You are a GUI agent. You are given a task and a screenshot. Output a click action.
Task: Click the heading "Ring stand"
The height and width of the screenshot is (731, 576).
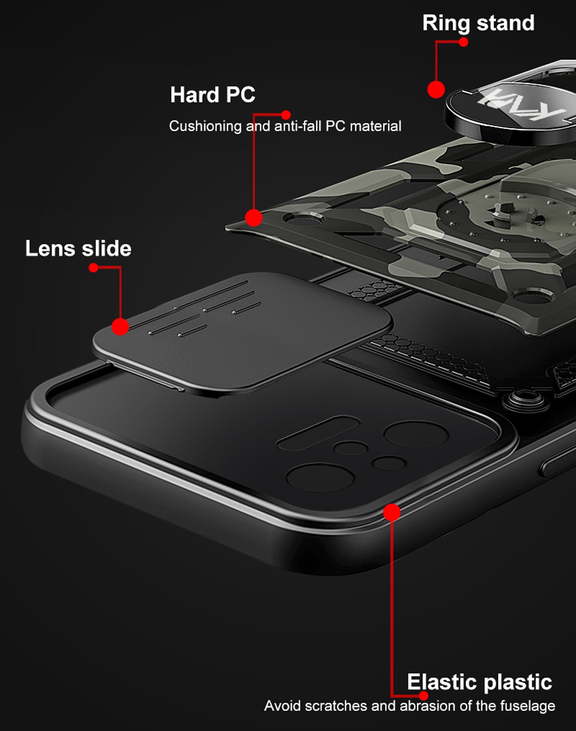(478, 23)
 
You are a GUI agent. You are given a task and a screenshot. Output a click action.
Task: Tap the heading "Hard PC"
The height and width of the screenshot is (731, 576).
(213, 94)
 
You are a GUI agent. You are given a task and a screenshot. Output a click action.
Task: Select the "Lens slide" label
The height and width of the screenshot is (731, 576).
(78, 248)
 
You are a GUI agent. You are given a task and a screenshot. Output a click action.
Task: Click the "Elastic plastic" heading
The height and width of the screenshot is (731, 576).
(480, 682)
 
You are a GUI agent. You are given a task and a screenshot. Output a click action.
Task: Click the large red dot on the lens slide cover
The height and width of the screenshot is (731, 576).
(120, 327)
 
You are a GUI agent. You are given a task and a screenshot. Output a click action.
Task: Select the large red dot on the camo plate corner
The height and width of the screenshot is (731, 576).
(253, 217)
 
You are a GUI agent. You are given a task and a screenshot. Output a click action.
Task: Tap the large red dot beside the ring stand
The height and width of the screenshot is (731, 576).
(436, 90)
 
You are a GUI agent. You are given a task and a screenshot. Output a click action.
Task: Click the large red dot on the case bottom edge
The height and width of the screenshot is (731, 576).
(392, 512)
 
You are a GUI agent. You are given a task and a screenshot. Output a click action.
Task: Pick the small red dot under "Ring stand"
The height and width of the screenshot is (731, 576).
(463, 42)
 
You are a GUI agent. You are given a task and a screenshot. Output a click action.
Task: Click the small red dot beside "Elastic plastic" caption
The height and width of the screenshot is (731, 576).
(424, 696)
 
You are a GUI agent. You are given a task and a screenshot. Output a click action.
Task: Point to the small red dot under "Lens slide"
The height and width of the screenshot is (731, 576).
(93, 268)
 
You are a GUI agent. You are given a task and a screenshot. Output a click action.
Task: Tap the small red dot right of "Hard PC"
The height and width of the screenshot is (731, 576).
(286, 115)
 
